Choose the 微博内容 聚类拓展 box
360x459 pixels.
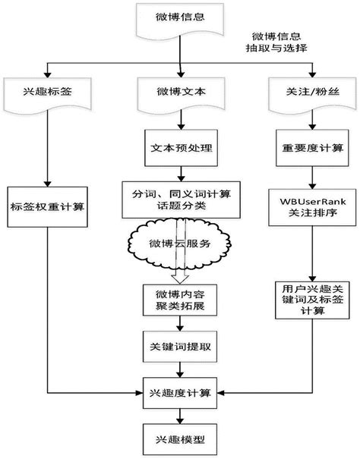coord(180,298)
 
